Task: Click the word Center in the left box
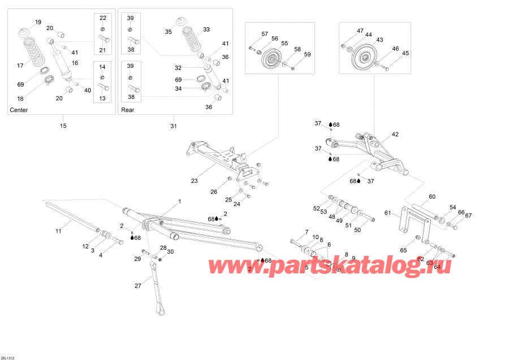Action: (x=19, y=110)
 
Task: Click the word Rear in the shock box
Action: (x=128, y=110)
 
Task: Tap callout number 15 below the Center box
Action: (x=63, y=126)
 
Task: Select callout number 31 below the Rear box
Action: (x=174, y=126)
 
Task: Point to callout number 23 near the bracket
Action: (x=195, y=182)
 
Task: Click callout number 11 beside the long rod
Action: (x=58, y=230)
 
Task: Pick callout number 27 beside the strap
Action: (x=138, y=286)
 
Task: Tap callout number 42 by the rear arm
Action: (x=395, y=134)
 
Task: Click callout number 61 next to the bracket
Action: (x=387, y=213)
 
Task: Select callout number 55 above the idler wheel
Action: (x=284, y=43)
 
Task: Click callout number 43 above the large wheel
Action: (x=379, y=40)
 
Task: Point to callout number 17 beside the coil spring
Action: (x=20, y=66)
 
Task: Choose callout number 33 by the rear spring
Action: (x=206, y=29)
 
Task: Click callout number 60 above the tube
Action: (x=432, y=197)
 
